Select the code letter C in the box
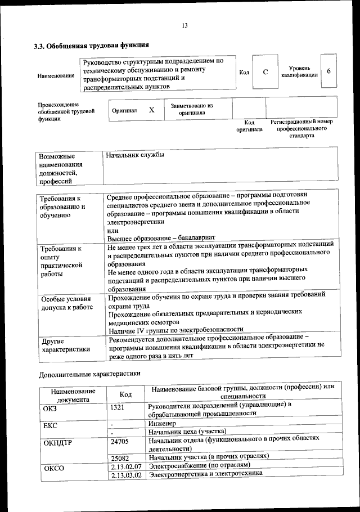265,72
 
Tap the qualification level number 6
328,71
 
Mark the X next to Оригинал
151,110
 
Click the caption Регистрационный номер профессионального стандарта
301,128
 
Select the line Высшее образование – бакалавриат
161,237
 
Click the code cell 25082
120,457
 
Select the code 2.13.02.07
125,466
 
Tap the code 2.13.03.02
125,475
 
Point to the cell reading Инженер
163,423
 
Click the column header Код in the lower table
126,394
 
